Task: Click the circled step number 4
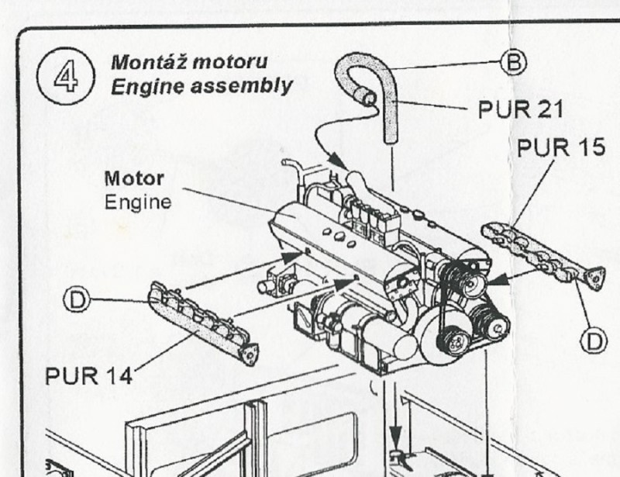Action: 66,76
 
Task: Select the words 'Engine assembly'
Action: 201,85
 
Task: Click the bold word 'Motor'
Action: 134,179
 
